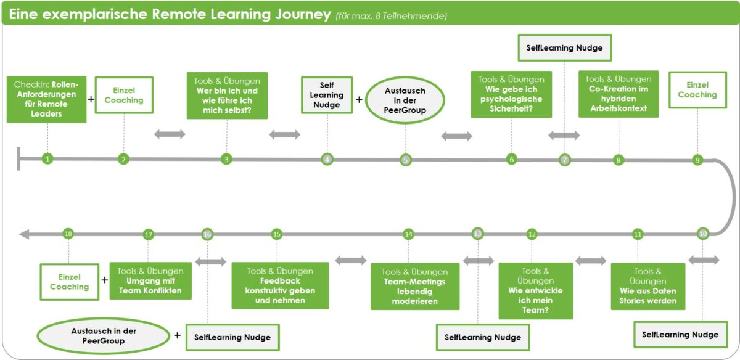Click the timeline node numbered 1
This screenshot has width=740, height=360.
click(x=47, y=159)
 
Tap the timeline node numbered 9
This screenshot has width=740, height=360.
click(x=697, y=160)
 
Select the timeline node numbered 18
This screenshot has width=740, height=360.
click(x=68, y=234)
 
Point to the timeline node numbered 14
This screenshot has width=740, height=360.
click(x=408, y=234)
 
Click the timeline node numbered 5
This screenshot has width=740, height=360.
click(x=405, y=160)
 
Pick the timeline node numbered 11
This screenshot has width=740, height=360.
click(x=638, y=234)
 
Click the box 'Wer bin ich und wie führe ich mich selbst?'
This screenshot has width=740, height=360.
click(x=227, y=95)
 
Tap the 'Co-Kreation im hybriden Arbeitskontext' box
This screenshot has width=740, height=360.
click(x=619, y=94)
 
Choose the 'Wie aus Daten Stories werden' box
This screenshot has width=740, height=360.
click(x=647, y=286)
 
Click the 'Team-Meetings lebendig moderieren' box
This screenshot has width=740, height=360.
click(x=414, y=286)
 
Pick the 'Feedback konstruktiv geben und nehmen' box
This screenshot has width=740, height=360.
click(x=280, y=285)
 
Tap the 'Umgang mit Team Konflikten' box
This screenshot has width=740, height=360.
click(x=150, y=281)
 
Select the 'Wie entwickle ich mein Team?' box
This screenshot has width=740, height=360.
click(x=535, y=290)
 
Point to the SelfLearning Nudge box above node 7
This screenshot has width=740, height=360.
click(x=565, y=47)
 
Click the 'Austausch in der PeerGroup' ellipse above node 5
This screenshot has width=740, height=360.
click(x=405, y=100)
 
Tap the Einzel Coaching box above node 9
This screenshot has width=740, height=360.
click(x=697, y=90)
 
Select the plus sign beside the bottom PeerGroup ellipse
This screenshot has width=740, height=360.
click(x=178, y=335)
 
